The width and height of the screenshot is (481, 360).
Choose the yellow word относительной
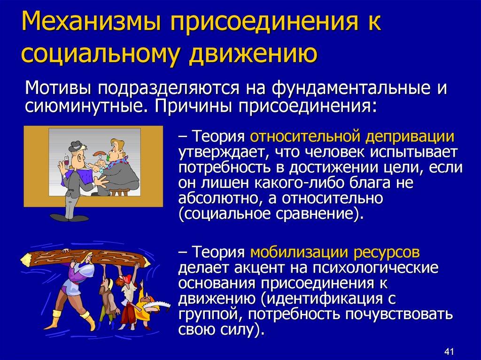pyautogui.click(x=305, y=137)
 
